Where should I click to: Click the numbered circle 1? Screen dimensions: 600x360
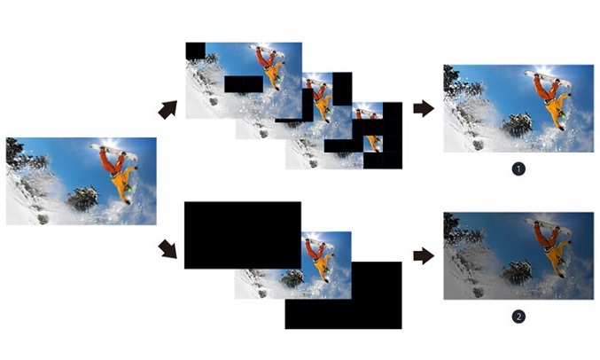[518, 168]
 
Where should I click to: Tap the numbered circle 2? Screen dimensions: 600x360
[518, 317]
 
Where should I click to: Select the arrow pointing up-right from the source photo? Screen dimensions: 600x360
[168, 110]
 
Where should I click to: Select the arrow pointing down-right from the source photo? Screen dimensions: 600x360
[168, 249]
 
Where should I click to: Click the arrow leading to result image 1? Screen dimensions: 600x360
[424, 108]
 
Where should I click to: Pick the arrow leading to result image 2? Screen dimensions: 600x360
[424, 256]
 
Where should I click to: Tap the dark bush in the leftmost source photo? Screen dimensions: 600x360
[82, 199]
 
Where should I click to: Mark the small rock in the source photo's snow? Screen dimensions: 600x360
[43, 219]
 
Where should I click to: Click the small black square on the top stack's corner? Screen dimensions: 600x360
[196, 51]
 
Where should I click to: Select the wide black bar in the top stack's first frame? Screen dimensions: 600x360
[244, 84]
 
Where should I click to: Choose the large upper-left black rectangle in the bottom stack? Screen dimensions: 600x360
[243, 235]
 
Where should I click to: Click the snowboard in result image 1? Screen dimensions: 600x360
[548, 79]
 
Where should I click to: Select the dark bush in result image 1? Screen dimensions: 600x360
[518, 125]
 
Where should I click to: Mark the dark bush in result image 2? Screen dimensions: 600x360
[518, 273]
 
